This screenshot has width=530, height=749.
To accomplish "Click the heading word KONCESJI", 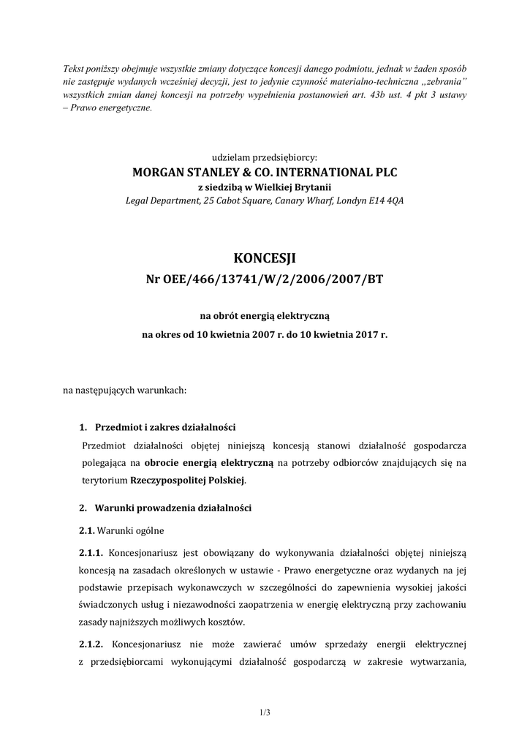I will [265, 257].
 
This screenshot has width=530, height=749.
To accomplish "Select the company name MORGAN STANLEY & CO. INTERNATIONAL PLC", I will [265, 173].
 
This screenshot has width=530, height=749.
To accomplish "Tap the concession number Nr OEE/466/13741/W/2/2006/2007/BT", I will [265, 279].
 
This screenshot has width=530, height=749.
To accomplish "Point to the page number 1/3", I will [265, 710].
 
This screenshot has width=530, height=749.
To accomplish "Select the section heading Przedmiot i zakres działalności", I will [165, 427].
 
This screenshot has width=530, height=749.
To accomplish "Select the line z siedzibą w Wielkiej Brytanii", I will [265, 187].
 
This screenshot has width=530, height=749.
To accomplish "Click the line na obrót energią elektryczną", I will [265, 316].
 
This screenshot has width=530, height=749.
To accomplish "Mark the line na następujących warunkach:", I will [125, 390].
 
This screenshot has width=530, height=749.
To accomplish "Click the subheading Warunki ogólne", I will [131, 530].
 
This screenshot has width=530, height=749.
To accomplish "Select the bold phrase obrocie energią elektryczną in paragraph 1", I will [208, 463].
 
